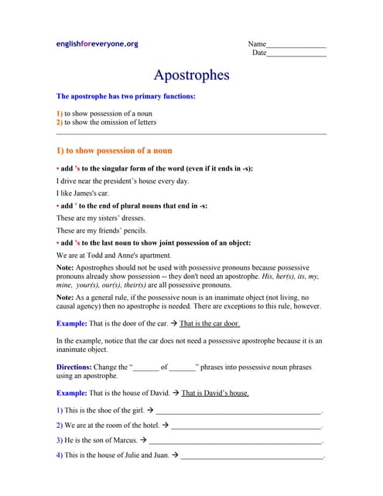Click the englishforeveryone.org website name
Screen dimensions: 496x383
(x=97, y=44)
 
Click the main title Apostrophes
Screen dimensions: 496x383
(x=191, y=75)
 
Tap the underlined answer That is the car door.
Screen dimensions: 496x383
(x=209, y=323)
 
